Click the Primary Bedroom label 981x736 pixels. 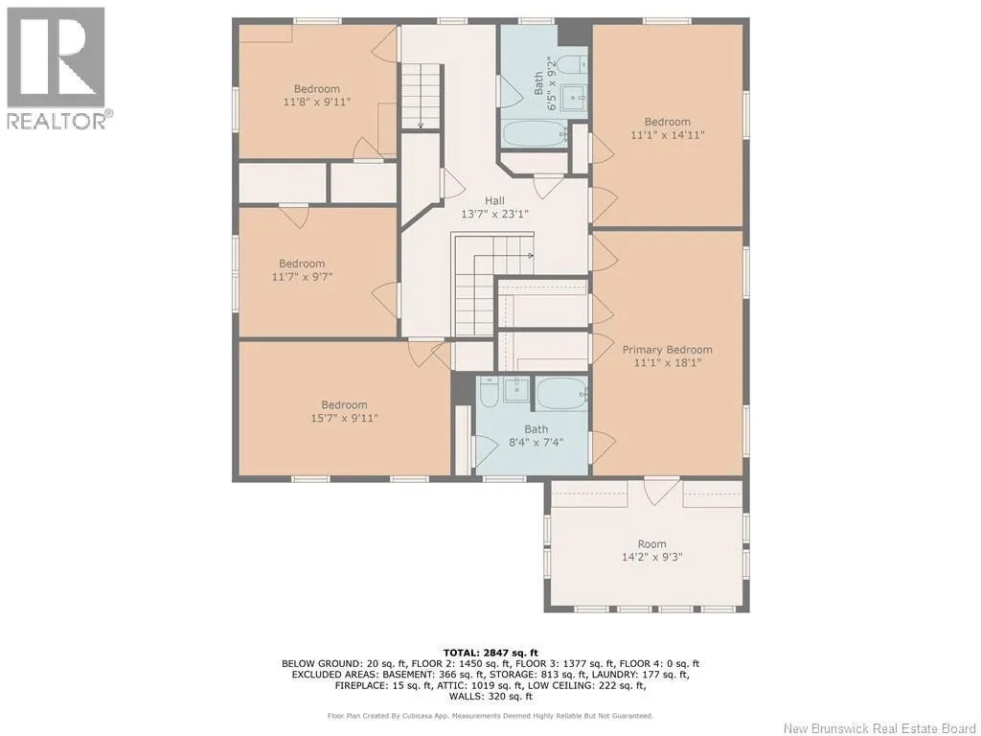(x=667, y=350)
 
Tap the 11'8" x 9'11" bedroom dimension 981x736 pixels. (x=316, y=102)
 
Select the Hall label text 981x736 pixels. (x=494, y=201)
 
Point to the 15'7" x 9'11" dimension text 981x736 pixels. (x=344, y=418)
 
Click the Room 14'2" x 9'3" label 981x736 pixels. (x=651, y=551)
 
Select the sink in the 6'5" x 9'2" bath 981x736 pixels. (x=574, y=97)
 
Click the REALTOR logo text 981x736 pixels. (x=60, y=120)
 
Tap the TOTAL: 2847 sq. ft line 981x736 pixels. (x=490, y=653)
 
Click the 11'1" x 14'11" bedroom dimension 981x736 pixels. (x=668, y=134)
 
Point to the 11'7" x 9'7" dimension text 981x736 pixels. (x=302, y=276)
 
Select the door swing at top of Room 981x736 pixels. (x=661, y=490)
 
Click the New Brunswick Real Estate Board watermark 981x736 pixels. (x=879, y=728)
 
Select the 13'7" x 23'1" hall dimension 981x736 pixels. (x=494, y=214)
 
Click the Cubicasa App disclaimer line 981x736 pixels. (x=490, y=715)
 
